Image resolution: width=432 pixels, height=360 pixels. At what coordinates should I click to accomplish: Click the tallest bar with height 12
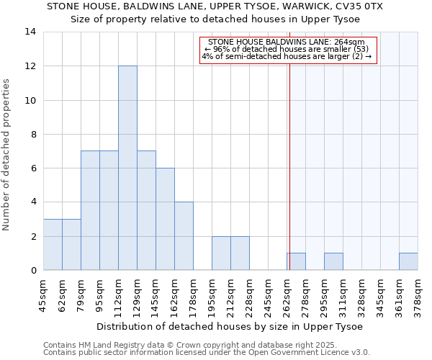click(127, 168)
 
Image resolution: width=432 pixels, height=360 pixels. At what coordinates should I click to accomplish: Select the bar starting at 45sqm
click(53, 245)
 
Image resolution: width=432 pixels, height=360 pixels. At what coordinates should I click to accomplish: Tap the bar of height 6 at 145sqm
click(165, 219)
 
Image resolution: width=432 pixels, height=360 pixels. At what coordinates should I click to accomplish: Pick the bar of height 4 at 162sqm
click(184, 236)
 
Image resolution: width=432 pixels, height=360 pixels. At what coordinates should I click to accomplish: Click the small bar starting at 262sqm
click(296, 261)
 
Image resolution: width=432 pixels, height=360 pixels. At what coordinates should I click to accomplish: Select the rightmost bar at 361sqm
click(408, 261)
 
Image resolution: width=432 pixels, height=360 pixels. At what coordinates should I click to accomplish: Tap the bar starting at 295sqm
click(333, 261)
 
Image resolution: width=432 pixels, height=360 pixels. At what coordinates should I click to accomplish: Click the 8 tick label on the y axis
click(32, 134)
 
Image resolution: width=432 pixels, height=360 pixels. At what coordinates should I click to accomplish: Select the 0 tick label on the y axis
click(32, 271)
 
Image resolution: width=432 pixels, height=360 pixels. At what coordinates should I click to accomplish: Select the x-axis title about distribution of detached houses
click(230, 326)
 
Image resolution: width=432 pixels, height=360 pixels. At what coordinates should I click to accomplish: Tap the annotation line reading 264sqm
click(287, 42)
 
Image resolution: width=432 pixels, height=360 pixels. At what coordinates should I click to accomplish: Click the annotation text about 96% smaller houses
click(287, 49)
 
